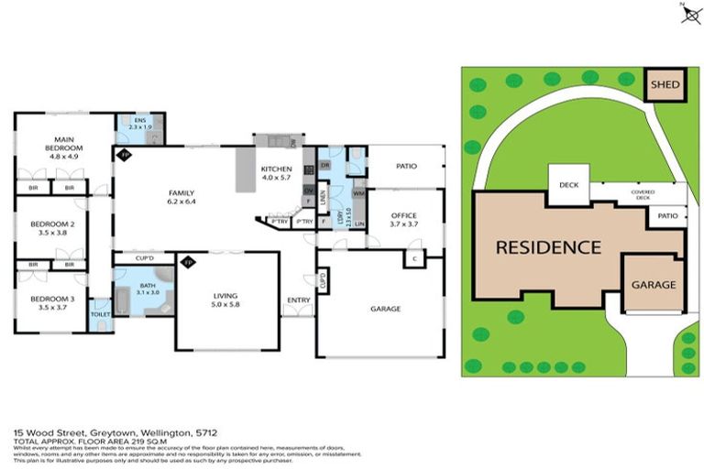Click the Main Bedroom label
pyautogui.click(x=66, y=147)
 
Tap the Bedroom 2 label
pyautogui.click(x=52, y=227)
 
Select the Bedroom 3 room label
pyautogui.click(x=52, y=303)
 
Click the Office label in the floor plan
pyautogui.click(x=404, y=216)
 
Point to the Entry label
pyautogui.click(x=298, y=300)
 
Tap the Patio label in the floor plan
pyautogui.click(x=406, y=167)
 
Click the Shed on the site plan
pyautogui.click(x=665, y=86)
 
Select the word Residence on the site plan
pyautogui.click(x=548, y=247)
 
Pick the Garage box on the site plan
pyautogui.click(x=654, y=285)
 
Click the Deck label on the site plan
pyautogui.click(x=568, y=185)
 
